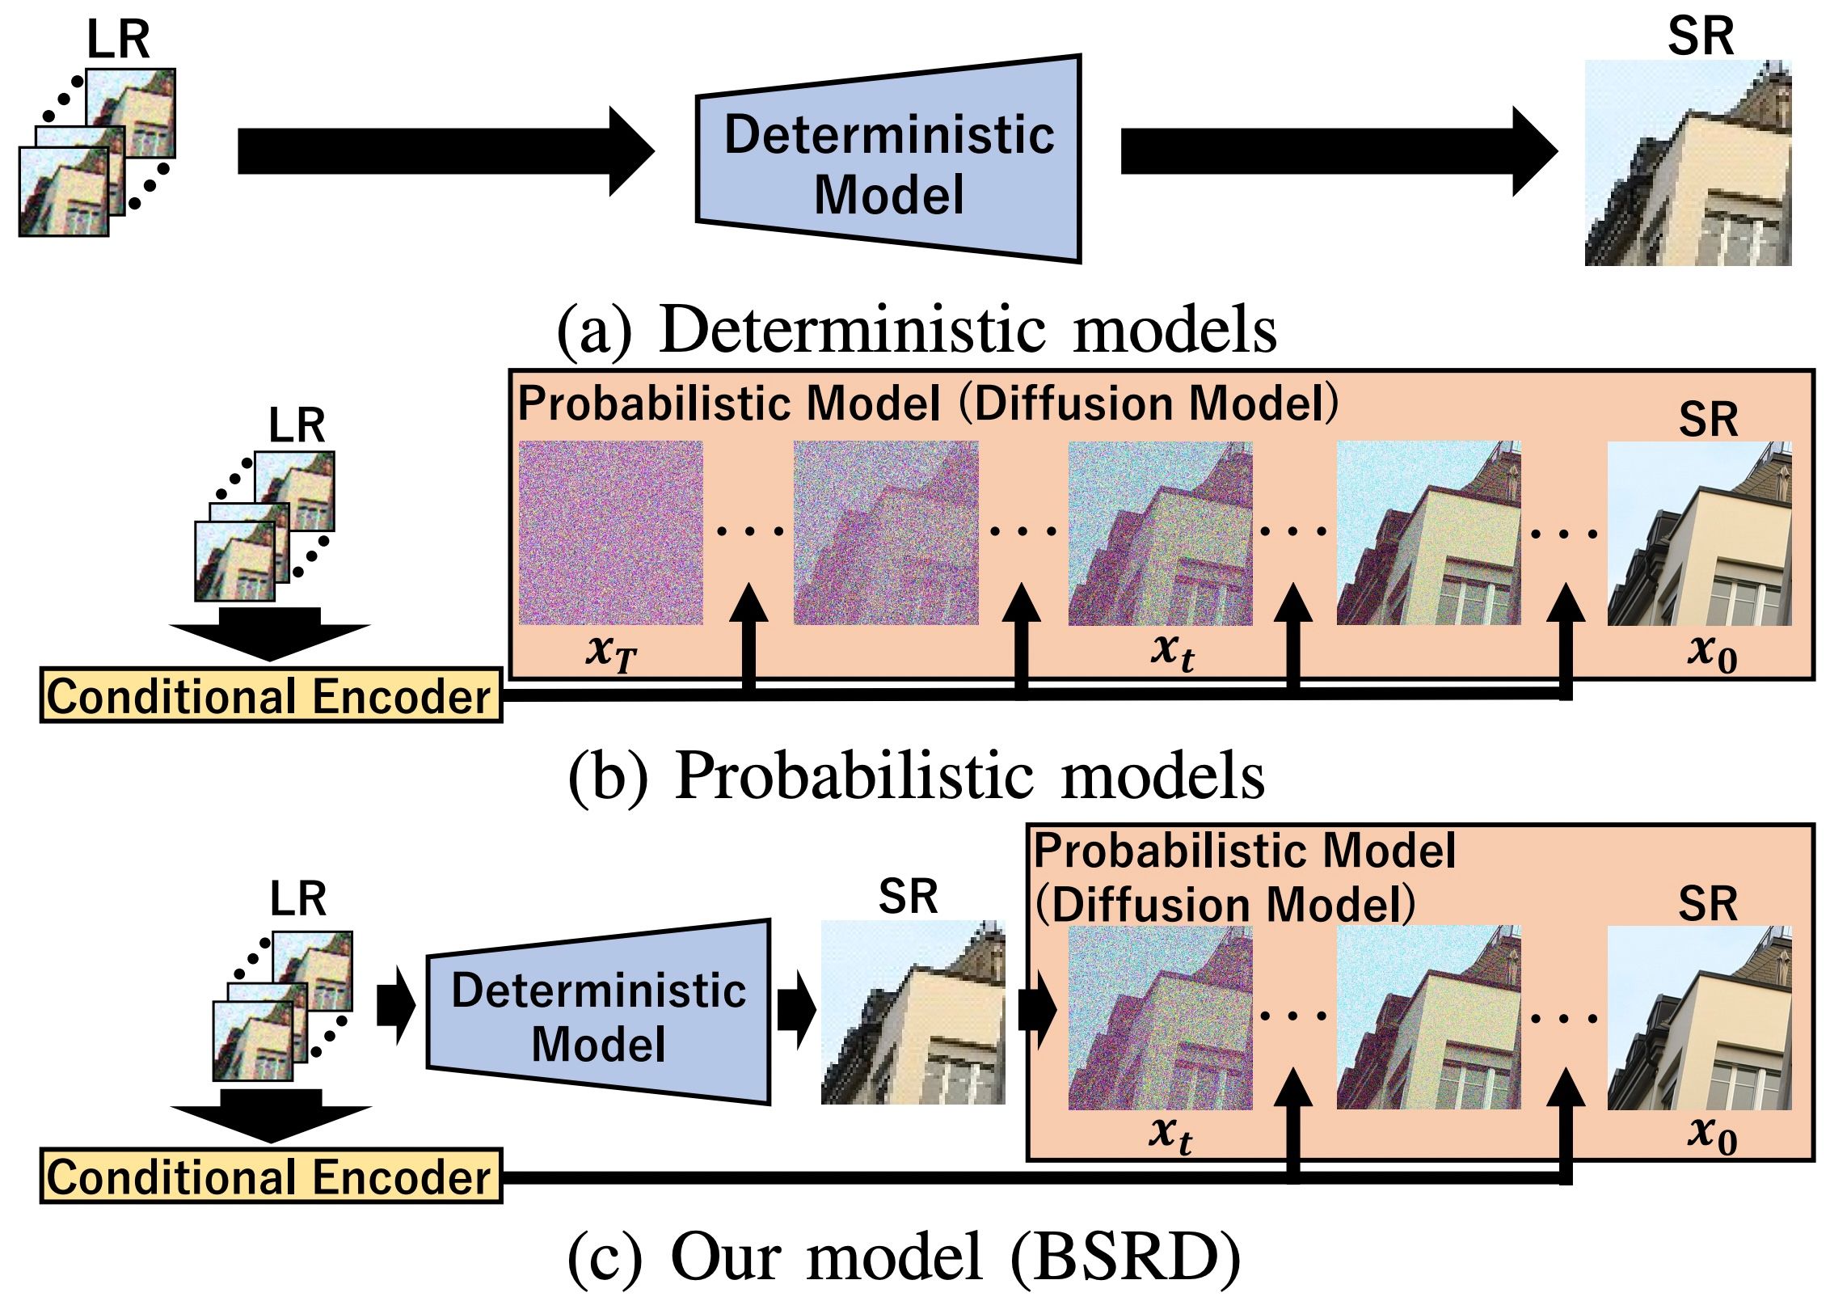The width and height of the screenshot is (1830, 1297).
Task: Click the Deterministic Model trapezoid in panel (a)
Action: pos(889,162)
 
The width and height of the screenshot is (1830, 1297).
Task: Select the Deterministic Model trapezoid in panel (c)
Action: pos(598,1015)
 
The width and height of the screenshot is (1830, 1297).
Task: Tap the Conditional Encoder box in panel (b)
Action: pos(271,695)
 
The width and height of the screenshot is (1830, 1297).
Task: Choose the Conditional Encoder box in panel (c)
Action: pos(271,1177)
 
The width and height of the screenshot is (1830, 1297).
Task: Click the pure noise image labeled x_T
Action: pos(610,533)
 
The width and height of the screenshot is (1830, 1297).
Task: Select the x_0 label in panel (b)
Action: pos(1711,652)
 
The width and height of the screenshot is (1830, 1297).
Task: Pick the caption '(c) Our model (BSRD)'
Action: pos(904,1257)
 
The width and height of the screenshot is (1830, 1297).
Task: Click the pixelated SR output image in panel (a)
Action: pos(1688,163)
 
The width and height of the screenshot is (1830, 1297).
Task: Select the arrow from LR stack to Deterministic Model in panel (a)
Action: pos(445,151)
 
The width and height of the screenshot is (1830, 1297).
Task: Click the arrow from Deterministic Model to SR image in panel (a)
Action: pos(1338,151)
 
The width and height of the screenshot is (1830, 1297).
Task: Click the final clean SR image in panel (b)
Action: pos(1699,533)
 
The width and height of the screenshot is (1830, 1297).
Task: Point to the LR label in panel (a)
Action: pos(118,40)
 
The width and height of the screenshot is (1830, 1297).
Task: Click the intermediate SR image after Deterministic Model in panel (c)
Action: pos(913,1012)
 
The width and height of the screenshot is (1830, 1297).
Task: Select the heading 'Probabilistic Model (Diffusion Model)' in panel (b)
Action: pos(927,403)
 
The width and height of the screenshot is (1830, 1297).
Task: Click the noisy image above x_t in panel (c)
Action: pos(1160,1017)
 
